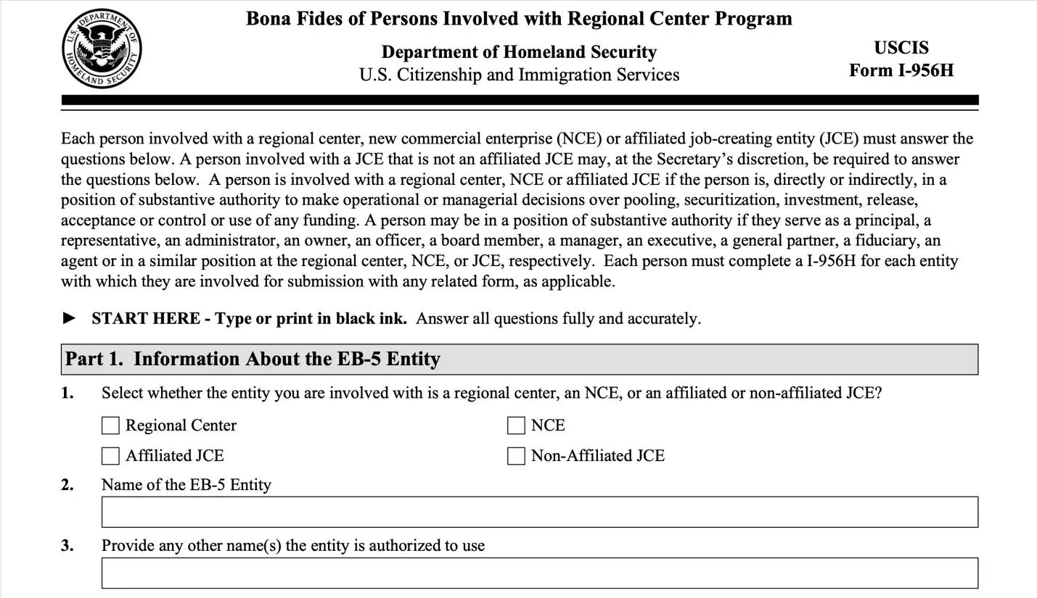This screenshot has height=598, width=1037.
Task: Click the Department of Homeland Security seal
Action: [x=102, y=49]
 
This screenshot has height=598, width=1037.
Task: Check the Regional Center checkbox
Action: [x=110, y=425]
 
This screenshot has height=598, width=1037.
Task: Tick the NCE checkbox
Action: [x=516, y=425]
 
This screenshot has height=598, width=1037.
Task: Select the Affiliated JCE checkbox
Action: [x=110, y=456]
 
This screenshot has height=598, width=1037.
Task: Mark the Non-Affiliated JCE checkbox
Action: [x=516, y=456]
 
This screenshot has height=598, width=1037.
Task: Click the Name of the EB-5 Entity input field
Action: [x=539, y=512]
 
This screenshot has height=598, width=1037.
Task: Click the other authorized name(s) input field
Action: [x=539, y=573]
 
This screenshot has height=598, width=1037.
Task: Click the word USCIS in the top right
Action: [x=901, y=48]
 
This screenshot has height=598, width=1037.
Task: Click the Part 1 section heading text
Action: [x=253, y=360]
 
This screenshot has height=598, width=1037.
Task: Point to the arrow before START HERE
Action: [x=70, y=318]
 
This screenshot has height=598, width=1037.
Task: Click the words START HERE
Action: [x=146, y=319]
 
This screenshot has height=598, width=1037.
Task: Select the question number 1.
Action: [x=67, y=394]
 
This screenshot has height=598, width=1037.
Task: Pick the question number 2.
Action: [x=67, y=485]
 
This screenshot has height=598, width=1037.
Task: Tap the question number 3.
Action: [x=67, y=546]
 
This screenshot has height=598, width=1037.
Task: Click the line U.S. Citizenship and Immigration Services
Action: [x=519, y=75]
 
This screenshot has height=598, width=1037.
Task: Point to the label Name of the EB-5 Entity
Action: [x=186, y=485]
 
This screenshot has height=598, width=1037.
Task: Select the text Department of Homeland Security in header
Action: [x=519, y=52]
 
